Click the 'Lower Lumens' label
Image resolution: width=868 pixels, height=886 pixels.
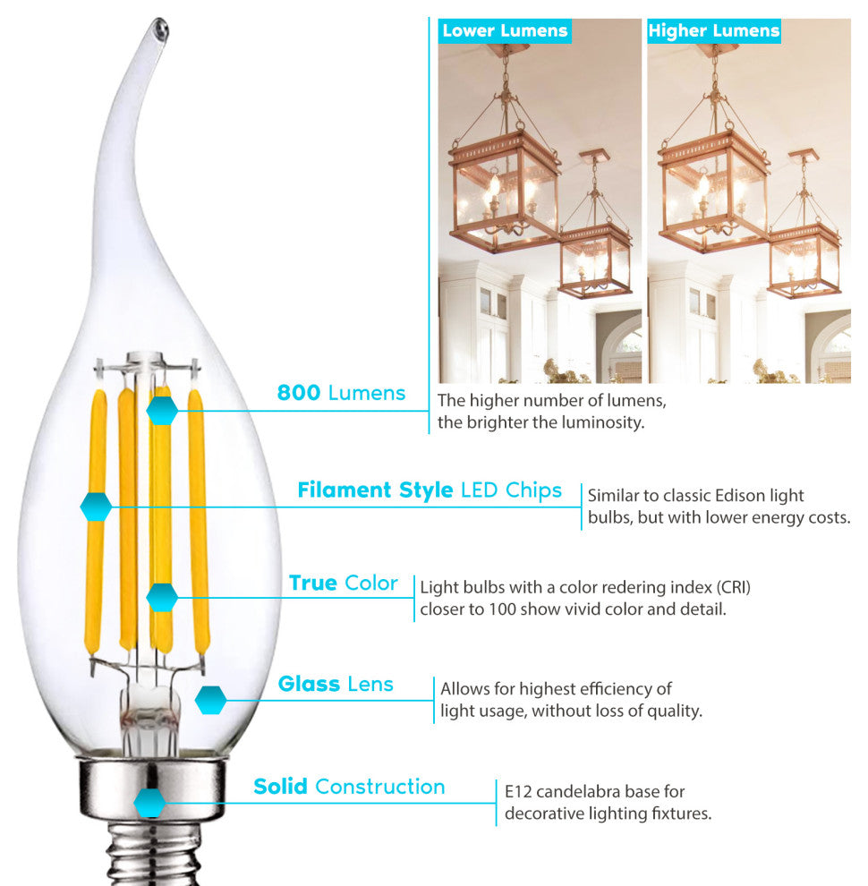click(505, 30)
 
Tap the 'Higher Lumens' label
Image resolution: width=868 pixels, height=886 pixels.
click(714, 30)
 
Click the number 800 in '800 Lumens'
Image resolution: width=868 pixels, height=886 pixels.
click(299, 393)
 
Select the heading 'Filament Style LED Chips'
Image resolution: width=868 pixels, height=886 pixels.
click(430, 490)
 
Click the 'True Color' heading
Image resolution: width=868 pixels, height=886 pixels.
click(343, 584)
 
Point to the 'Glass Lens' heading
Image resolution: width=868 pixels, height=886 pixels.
click(336, 684)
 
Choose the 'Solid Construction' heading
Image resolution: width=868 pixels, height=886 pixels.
click(349, 787)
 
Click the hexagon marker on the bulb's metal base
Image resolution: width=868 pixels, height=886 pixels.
click(149, 803)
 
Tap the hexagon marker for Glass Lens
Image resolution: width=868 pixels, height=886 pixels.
click(211, 701)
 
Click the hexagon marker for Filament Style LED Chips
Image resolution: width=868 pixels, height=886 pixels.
click(96, 507)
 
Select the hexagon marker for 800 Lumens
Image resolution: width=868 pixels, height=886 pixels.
click(162, 410)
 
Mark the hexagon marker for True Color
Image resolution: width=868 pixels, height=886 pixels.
click(162, 597)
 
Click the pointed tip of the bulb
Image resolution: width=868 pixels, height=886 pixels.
click(160, 25)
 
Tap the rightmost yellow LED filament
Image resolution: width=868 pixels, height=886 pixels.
click(198, 520)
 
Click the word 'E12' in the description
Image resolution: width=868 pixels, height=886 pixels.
click(518, 792)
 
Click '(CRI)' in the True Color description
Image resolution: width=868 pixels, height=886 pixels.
click(734, 588)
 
